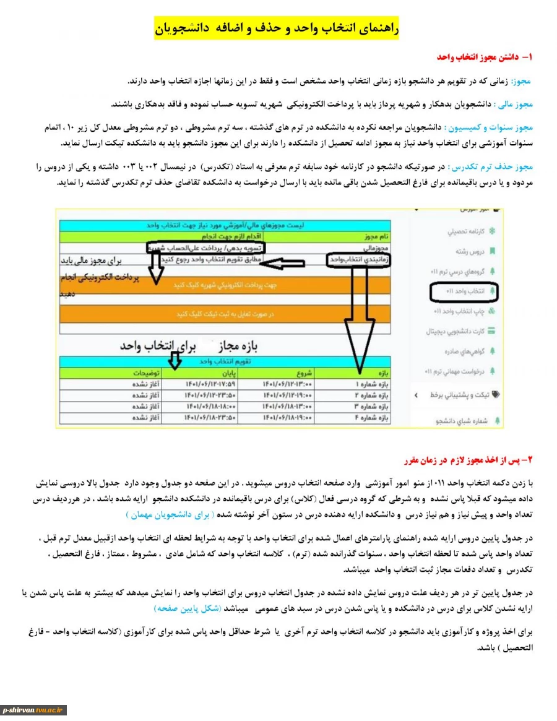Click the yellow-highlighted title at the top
pos(278,28)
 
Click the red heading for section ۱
pos(485,57)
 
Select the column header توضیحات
pos(146,373)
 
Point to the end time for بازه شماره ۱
pos(210,384)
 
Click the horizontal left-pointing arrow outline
pos(291,264)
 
